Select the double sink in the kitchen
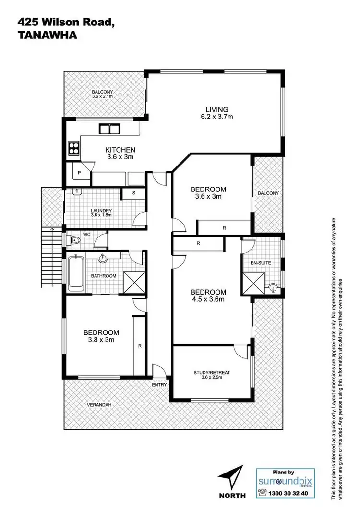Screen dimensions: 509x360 pos(109,129)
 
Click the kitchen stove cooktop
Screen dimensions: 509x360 pos(74,148)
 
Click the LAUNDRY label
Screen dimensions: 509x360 pos(101,210)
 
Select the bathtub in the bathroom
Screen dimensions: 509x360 pos(76,274)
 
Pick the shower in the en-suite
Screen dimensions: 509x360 pos(252,281)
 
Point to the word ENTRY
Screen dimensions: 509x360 pos(159,385)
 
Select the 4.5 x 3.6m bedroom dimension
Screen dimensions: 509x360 pos(208,300)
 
